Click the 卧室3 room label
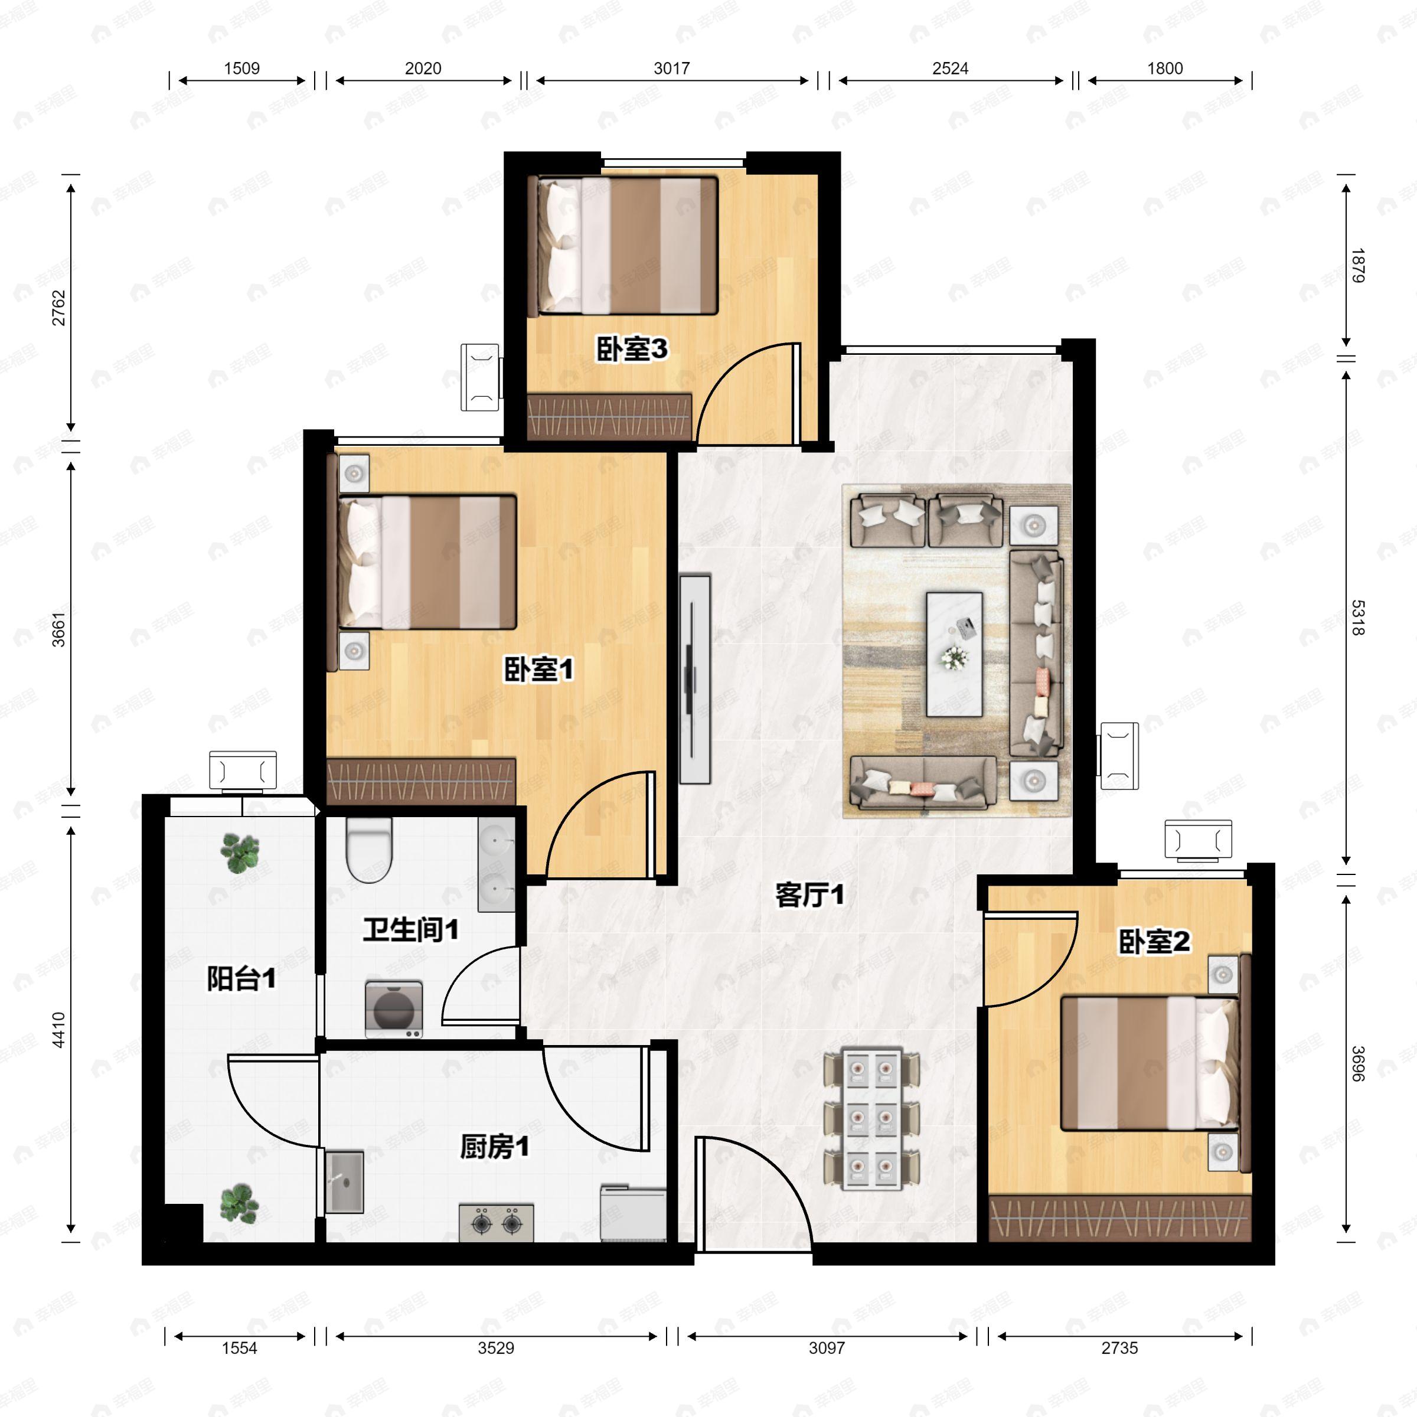[632, 349]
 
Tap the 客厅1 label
[809, 895]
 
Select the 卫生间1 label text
[411, 930]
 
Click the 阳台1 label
[241, 978]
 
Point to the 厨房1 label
[494, 1147]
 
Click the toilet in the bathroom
[369, 850]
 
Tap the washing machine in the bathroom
[394, 1009]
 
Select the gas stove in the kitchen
[496, 1222]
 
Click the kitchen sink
[344, 1181]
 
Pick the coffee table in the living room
[954, 654]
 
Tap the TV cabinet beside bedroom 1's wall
[694, 679]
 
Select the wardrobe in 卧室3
[609, 417]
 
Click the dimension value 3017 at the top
[671, 68]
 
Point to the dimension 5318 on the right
[1357, 618]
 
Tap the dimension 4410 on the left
[58, 1030]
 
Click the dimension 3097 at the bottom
[827, 1347]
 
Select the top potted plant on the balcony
[240, 852]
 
